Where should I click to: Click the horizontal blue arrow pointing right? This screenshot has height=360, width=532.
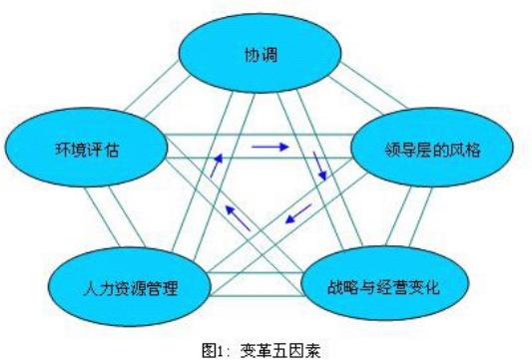click(268, 148)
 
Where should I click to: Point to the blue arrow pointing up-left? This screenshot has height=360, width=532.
click(232, 211)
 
